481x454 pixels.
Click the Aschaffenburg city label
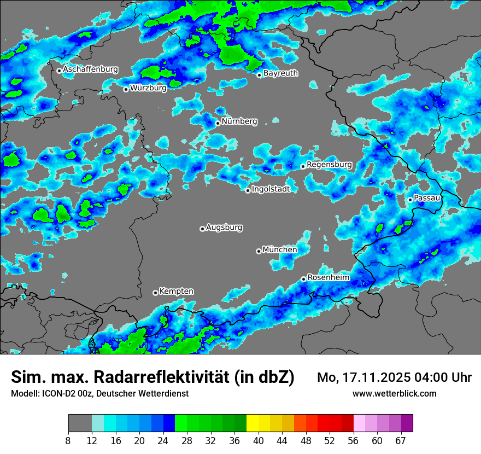pos(90,69)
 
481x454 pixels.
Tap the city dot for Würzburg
pos(126,89)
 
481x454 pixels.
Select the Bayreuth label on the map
pos(280,73)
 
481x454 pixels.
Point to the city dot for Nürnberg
pos(218,123)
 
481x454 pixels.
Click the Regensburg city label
pos(329,164)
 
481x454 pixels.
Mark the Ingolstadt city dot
pos(248,190)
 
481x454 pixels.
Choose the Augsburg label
pos(224,227)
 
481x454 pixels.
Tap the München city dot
pos(259,251)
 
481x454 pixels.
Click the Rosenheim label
pos(329,277)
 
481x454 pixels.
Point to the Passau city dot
pos(410,200)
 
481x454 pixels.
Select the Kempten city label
pos(177,291)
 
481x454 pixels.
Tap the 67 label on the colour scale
pos(401,440)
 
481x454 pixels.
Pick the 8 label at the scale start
pos(68,440)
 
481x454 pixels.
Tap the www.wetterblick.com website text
pos(394,393)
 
